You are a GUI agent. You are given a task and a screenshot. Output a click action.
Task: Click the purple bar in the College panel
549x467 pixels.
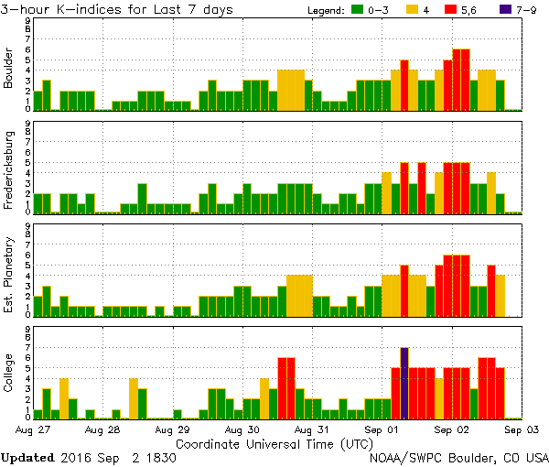[x=404, y=383]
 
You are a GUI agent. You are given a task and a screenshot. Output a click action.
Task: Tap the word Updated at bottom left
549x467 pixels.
[x=30, y=456]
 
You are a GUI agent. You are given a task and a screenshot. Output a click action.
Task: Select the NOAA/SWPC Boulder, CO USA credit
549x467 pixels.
[x=458, y=456]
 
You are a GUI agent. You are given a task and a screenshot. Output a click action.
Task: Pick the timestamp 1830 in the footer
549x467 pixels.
[x=159, y=456]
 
